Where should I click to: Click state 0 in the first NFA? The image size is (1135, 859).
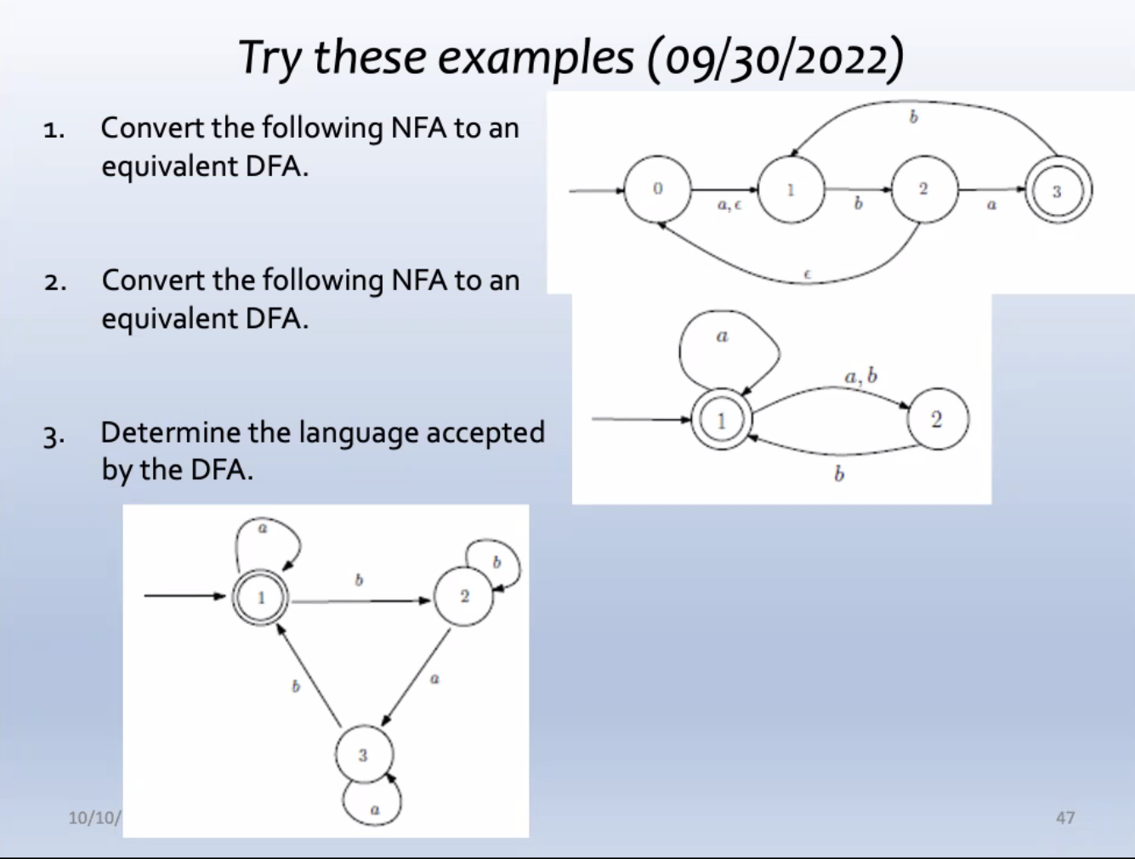[x=657, y=189]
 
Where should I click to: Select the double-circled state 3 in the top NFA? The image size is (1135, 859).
[x=1057, y=191]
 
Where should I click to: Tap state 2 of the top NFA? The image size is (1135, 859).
[x=923, y=189]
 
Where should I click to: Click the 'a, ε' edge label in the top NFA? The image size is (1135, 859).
[x=729, y=206]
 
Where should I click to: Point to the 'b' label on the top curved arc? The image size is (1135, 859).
[x=913, y=117]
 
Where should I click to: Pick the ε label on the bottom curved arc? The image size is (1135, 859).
[x=807, y=274]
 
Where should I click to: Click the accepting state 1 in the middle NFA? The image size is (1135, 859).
[x=721, y=420]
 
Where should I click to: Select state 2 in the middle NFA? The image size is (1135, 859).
[x=936, y=419]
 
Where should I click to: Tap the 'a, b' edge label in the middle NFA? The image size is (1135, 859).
[x=860, y=376]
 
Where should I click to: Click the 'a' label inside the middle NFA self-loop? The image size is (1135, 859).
[x=722, y=336]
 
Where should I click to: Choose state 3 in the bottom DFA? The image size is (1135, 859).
[x=363, y=754]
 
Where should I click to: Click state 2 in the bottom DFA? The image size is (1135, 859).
[x=464, y=596]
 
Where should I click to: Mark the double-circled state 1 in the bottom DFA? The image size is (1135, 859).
[x=261, y=597]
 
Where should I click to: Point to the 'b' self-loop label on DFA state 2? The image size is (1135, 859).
[x=497, y=562]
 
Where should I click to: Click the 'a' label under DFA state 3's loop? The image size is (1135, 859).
[x=374, y=811]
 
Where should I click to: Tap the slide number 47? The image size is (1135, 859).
[x=1064, y=817]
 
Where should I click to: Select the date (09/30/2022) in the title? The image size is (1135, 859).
[x=775, y=58]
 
